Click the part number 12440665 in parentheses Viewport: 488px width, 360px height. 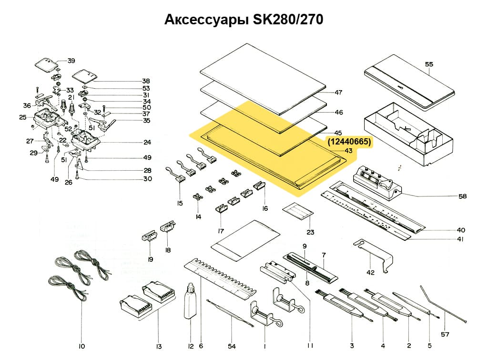click(349, 142)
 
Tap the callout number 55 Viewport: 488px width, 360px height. click(429, 63)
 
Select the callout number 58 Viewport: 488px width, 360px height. click(462, 196)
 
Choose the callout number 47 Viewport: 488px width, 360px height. click(339, 93)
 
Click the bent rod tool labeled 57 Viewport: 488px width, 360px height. click(441, 306)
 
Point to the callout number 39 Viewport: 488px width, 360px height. click(71, 61)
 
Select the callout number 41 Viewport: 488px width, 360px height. click(459, 239)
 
